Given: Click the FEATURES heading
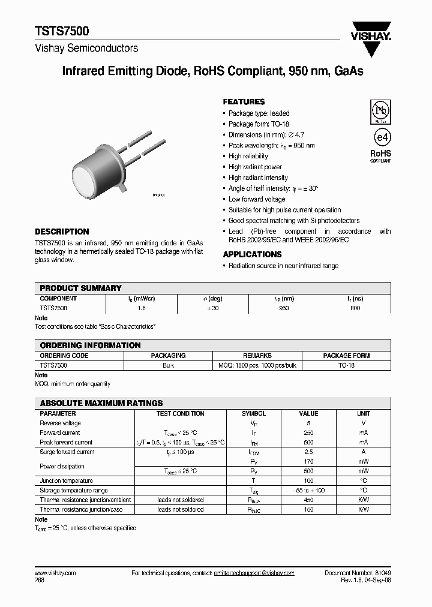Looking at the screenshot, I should click(x=244, y=102).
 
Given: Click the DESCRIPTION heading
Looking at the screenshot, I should click(x=62, y=232).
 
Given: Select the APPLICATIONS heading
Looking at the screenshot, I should click(x=252, y=254).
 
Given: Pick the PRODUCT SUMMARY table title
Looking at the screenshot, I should click(x=80, y=288).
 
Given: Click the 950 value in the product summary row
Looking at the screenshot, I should click(x=284, y=308).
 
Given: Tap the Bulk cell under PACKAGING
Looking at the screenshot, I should click(x=168, y=365).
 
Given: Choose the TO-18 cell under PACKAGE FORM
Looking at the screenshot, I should click(x=346, y=365).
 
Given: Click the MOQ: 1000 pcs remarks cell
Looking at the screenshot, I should click(x=257, y=365).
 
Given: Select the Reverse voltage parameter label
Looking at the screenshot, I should click(x=59, y=423).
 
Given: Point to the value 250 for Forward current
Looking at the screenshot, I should click(x=308, y=432).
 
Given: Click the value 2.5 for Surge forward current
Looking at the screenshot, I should click(x=308, y=452).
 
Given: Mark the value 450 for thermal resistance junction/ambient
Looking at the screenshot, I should click(x=308, y=500).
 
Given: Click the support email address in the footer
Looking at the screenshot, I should click(x=254, y=573).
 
